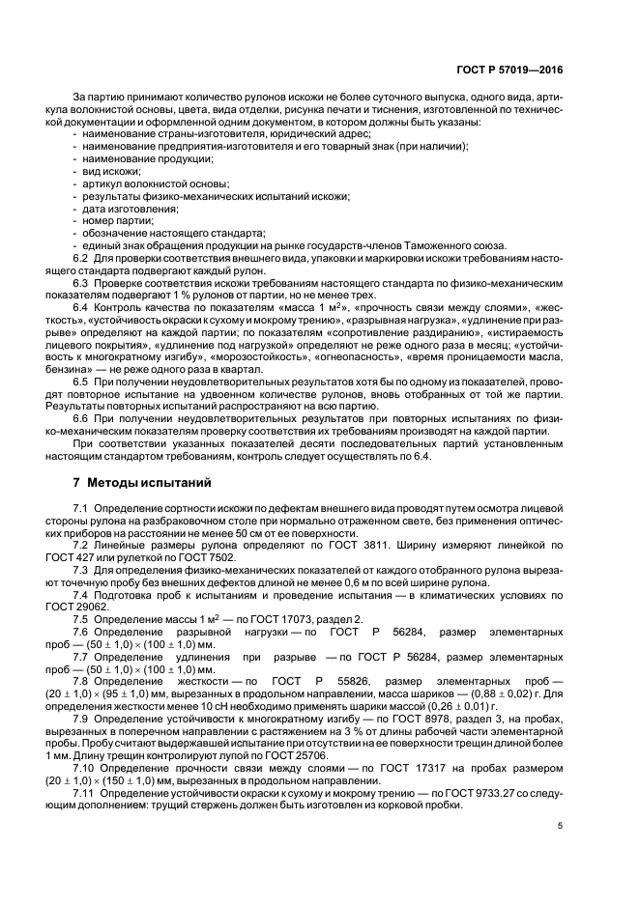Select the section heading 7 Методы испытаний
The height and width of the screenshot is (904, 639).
(x=137, y=481)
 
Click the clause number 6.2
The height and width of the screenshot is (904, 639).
(x=80, y=258)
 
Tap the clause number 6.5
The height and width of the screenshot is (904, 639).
(x=80, y=383)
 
